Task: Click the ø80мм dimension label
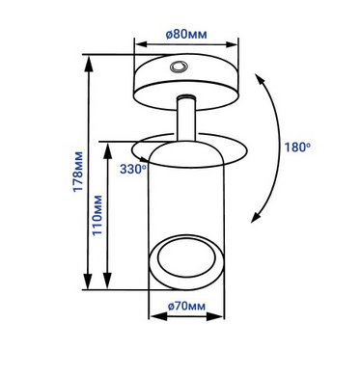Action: pos(186,34)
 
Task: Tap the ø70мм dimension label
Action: pos(186,307)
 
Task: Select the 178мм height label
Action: pos(77,172)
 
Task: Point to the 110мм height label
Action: pos(97,215)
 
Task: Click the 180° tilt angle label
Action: pos(297,148)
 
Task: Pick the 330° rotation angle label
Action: pos(133,169)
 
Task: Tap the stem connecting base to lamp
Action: pos(186,118)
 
